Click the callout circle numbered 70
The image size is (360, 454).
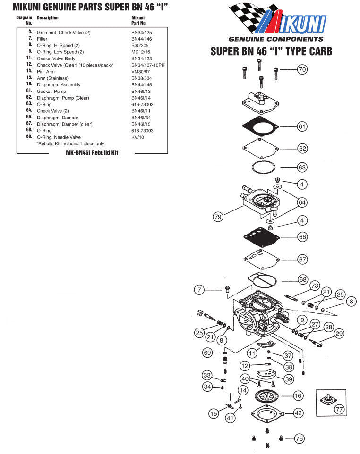302,70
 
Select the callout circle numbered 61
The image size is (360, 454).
302,126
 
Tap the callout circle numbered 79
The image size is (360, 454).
218,217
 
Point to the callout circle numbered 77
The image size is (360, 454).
339,410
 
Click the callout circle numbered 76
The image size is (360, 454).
299,438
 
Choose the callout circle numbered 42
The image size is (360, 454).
299,413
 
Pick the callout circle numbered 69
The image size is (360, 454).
206,352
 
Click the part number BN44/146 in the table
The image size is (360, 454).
141,38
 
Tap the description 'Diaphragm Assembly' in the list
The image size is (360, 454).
59,84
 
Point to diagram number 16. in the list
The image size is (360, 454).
29,84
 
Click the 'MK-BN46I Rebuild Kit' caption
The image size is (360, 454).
92,153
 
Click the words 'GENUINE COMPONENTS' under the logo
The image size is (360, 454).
275,39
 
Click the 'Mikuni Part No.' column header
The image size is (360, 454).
139,20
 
